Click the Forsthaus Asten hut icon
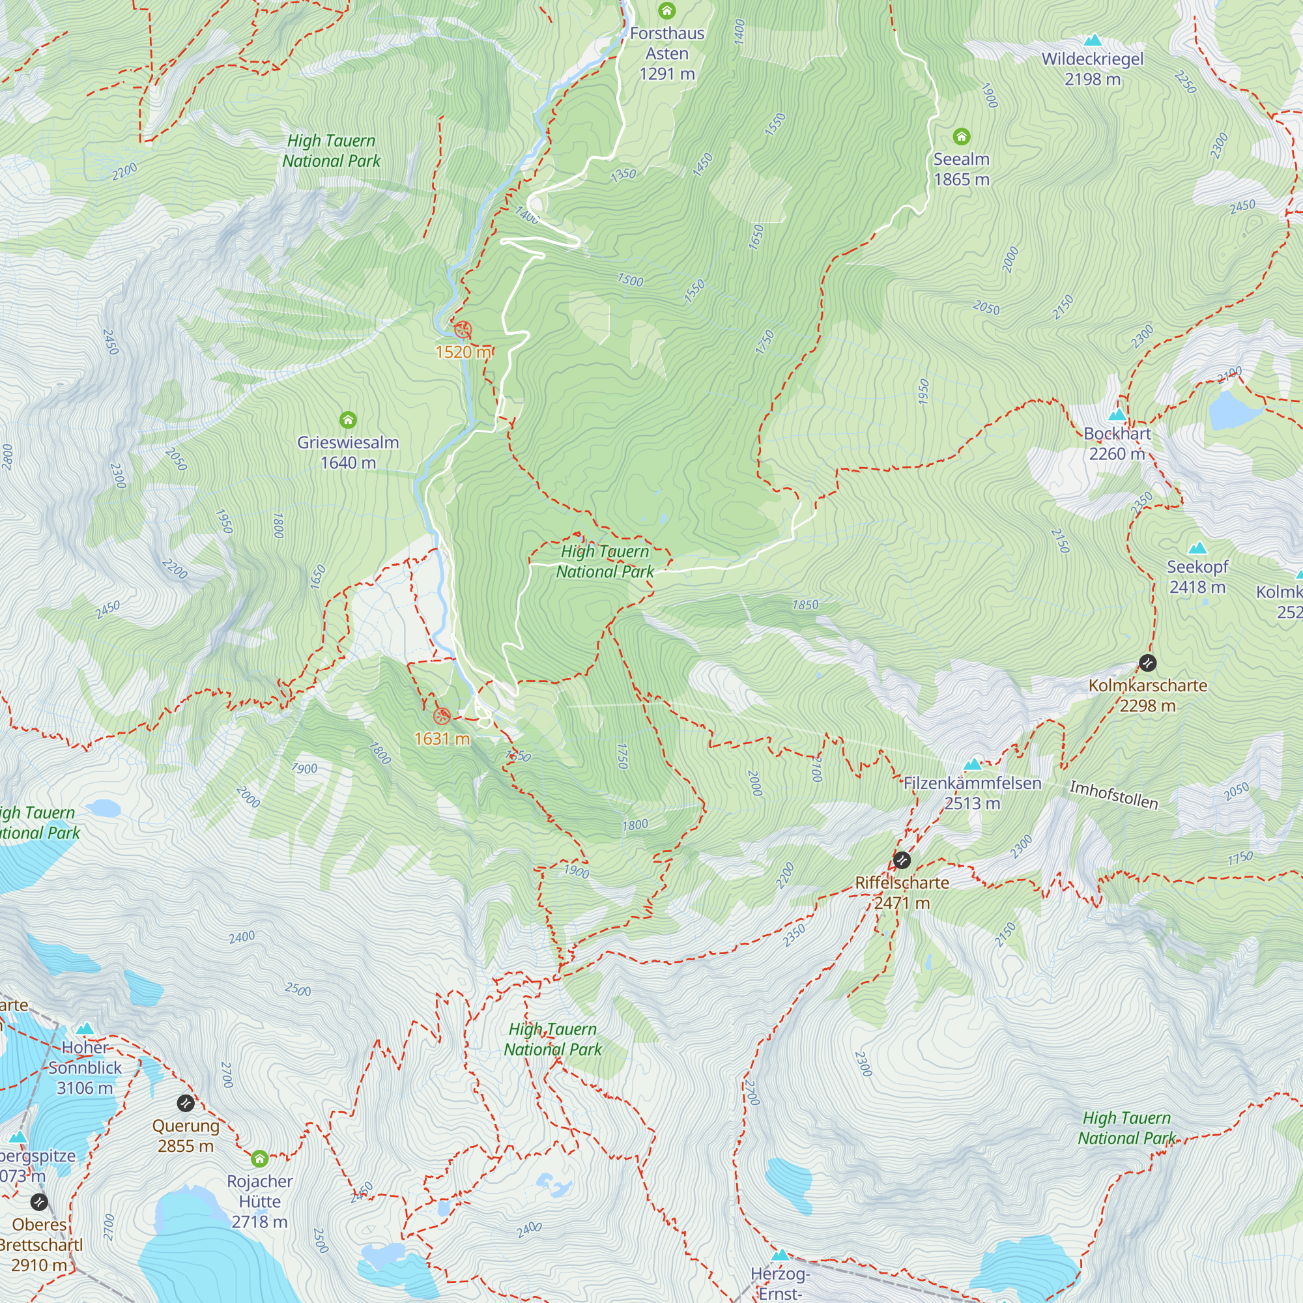tap(666, 10)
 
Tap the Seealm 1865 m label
tap(961, 169)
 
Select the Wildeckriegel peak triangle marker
tap(1093, 40)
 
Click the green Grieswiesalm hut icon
tap(348, 420)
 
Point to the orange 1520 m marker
tap(463, 330)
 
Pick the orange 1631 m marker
tap(442, 716)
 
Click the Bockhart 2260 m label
tap(1117, 444)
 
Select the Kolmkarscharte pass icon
tap(1147, 663)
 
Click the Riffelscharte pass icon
tap(902, 860)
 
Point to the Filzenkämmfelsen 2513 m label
tap(972, 793)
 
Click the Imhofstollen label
tap(1113, 795)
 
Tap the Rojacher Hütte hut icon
tap(260, 1158)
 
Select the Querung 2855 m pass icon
tap(186, 1104)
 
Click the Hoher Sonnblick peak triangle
tap(84, 1029)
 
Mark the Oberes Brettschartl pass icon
tap(39, 1202)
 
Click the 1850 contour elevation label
tap(805, 605)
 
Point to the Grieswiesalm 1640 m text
tap(348, 453)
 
